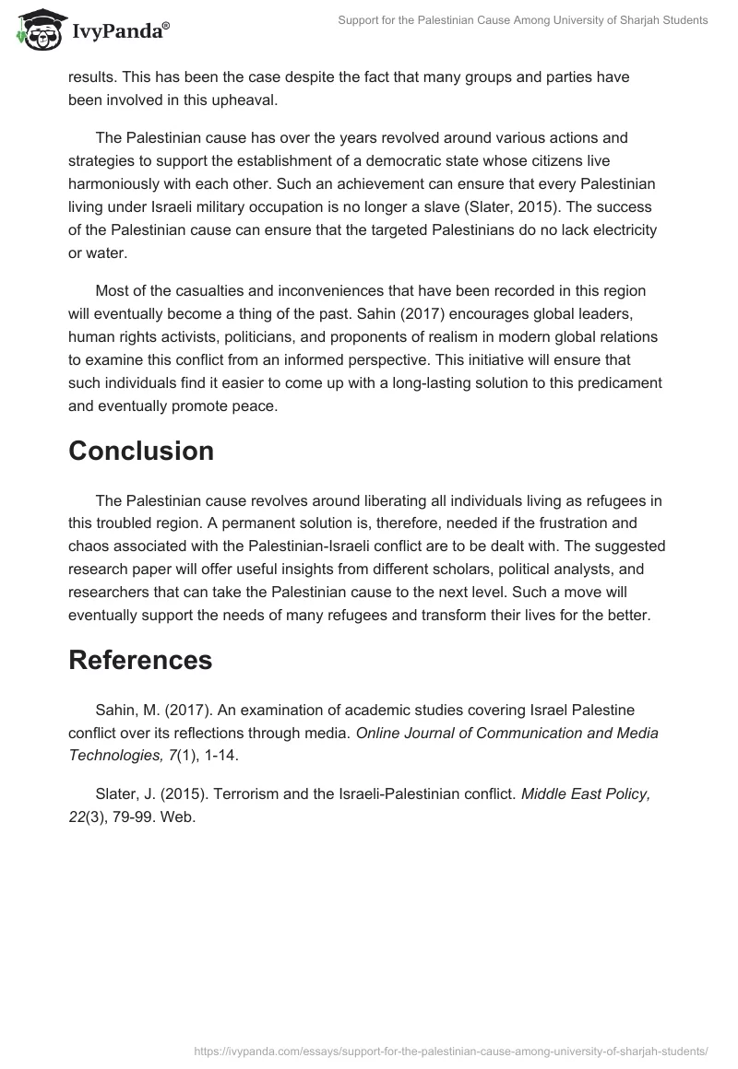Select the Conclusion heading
point(141,451)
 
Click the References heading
point(140,660)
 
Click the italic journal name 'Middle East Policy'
point(586,794)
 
